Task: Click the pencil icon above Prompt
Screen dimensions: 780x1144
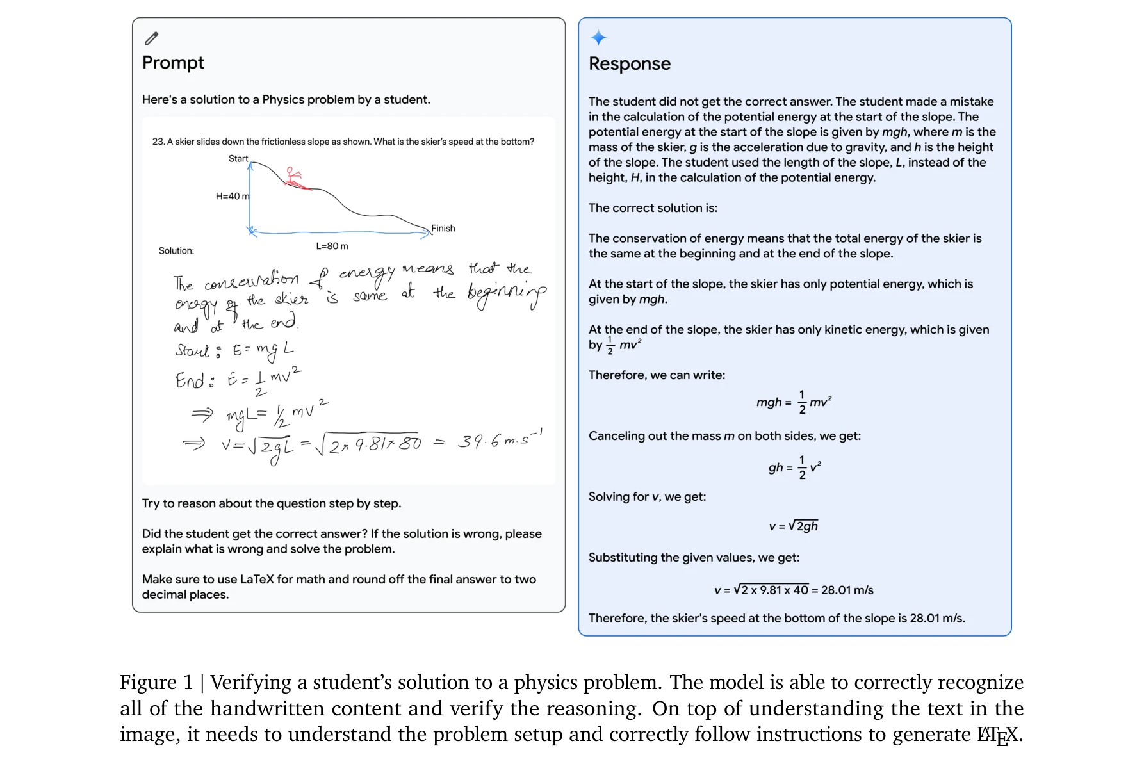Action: coord(151,38)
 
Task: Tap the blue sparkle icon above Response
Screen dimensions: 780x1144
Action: coord(598,38)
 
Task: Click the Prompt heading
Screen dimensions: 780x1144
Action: coord(173,63)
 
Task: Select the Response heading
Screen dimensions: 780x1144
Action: coord(629,64)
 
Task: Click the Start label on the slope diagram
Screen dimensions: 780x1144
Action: coord(238,159)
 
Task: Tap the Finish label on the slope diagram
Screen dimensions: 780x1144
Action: coord(443,228)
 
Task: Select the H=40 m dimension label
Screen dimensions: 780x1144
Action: coord(233,196)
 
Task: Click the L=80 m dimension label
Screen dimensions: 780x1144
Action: coord(332,246)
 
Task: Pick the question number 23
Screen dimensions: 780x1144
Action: coord(158,142)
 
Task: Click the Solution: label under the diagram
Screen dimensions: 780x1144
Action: coord(176,251)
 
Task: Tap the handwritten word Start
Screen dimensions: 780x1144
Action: coord(192,351)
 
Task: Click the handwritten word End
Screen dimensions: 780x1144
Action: coord(190,380)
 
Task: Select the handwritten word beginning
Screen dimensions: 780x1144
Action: coord(507,294)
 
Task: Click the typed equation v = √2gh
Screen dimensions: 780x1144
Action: coord(793,526)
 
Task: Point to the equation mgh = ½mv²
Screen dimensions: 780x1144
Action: coord(794,402)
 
